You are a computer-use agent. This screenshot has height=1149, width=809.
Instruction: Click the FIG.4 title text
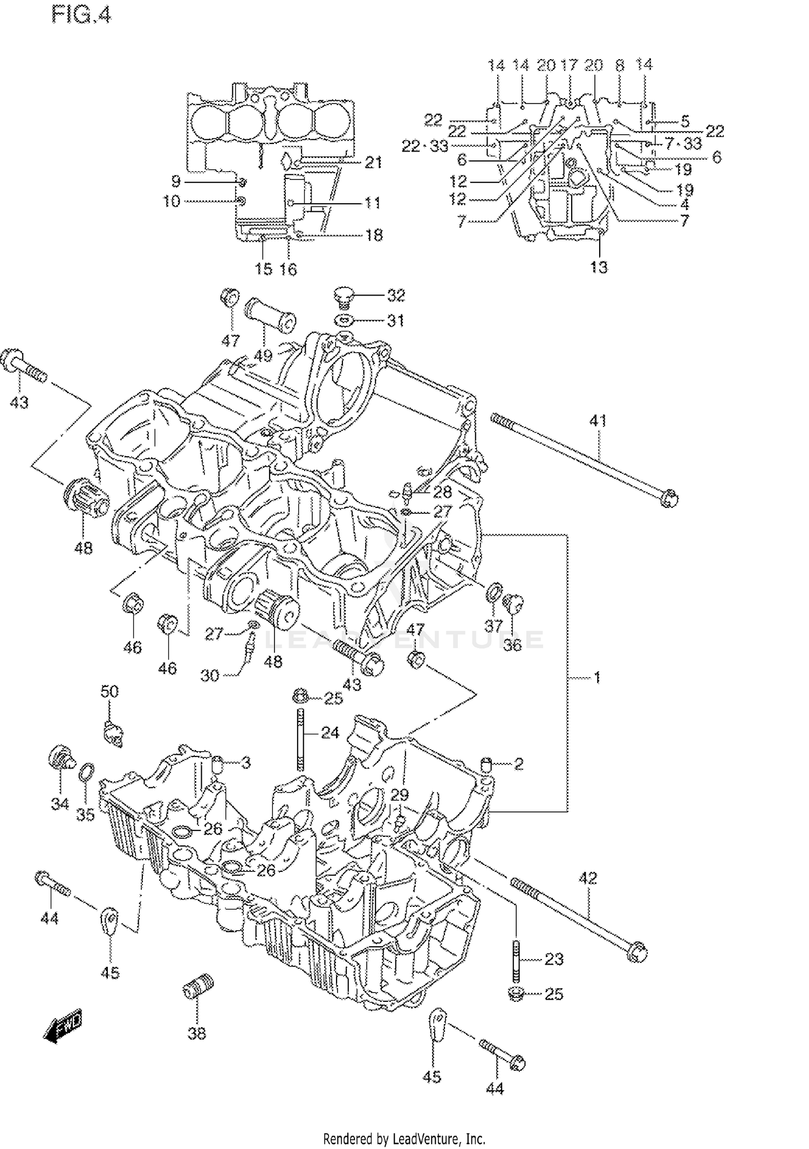[x=81, y=15]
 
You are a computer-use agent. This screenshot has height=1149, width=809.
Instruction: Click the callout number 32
[x=395, y=295]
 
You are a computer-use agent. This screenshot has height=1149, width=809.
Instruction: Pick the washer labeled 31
[x=344, y=320]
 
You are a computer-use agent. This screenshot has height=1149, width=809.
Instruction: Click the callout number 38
[x=197, y=1033]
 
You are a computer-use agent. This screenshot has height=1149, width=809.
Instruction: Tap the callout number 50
[x=109, y=691]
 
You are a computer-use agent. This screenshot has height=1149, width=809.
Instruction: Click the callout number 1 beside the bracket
[x=597, y=677]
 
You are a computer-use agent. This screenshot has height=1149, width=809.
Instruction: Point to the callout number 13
[x=599, y=267]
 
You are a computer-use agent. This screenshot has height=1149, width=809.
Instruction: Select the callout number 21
[x=373, y=162]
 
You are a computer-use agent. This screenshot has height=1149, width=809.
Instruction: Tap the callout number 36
[x=512, y=645]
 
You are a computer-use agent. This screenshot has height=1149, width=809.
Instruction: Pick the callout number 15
[x=263, y=269]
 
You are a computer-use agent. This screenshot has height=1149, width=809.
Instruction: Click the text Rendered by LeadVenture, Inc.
[x=404, y=1139]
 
